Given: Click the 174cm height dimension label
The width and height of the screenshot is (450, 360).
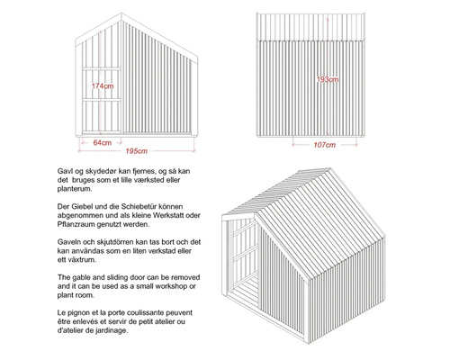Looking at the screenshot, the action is point(103,86).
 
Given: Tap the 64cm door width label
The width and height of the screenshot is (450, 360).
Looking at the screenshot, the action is point(102,141).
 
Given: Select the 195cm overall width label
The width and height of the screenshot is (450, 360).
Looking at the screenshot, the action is point(138,150).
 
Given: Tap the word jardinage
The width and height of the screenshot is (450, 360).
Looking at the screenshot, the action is point(109,328).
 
